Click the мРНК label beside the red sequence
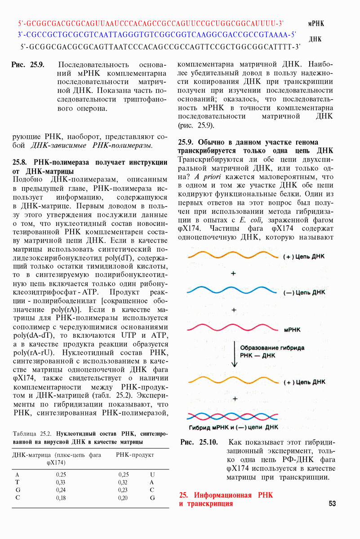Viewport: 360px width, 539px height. coord(316,23)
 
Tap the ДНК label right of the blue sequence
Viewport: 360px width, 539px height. coord(315,39)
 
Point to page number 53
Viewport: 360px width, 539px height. coord(332,504)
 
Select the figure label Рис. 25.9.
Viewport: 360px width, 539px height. coord(28,65)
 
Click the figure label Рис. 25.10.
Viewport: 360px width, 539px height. coord(199,442)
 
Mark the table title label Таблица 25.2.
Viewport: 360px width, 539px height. coord(32,434)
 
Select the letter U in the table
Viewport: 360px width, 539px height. coord(152,474)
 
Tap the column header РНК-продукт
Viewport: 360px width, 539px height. coord(135,455)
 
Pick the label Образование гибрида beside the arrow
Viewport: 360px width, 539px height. coord(272,348)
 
